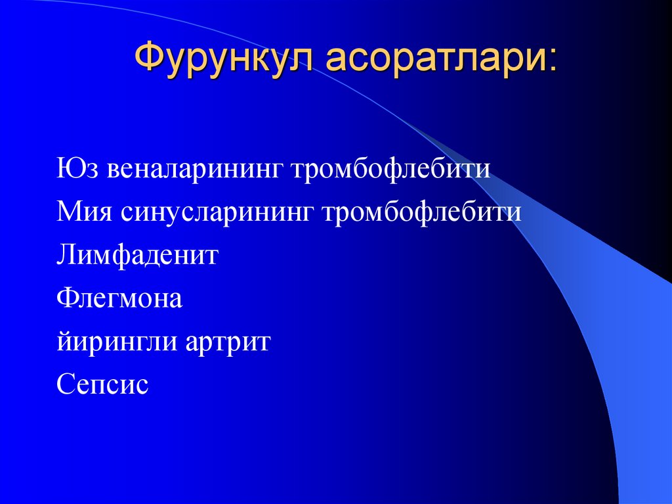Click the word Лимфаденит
(x=137, y=256)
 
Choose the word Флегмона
(x=119, y=299)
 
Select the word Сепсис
(x=102, y=385)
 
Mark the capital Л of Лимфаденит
(x=66, y=256)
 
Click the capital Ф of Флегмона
(x=66, y=299)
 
